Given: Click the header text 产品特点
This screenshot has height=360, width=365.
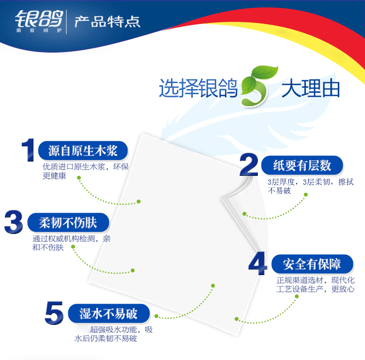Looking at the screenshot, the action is pos(107,22).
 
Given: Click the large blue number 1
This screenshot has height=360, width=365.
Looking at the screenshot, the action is pos(28,150).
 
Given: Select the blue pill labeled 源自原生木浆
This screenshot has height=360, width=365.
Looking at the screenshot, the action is pos(83,150).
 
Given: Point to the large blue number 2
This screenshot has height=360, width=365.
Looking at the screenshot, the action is pos(249,165).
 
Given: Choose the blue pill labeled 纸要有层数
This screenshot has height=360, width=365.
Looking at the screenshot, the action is pos(302,165).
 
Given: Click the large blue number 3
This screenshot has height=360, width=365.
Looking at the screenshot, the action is pos(14,222).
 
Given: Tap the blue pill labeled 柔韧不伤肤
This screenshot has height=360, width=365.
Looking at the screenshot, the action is pos(68,222).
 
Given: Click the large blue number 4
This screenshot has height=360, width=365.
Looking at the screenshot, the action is pos(258,264).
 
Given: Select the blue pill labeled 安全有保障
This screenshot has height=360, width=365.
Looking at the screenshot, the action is pos(312,264).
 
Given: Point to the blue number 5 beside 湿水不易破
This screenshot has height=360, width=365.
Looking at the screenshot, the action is pos(54,313).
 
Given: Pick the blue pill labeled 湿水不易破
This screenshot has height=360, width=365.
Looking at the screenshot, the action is pos(109,314).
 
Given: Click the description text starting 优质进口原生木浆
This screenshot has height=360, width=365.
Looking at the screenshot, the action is pos(85,171).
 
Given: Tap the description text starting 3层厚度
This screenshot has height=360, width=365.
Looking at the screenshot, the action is pos(310,186).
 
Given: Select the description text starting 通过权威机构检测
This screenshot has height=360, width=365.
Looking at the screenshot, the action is pos(71,243).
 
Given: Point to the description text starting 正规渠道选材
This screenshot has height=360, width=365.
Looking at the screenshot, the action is pos(316,284).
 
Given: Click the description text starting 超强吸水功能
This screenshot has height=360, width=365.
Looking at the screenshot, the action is pos(114,334).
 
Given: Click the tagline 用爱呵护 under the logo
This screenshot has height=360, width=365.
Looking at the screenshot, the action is pos(39,30).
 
